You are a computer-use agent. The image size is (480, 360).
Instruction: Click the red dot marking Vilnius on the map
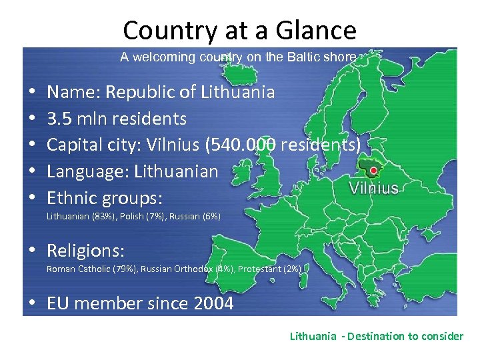tap(374, 171)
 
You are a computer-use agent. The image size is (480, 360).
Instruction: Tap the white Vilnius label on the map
tap(374, 188)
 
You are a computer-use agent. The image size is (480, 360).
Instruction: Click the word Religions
tap(85, 251)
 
